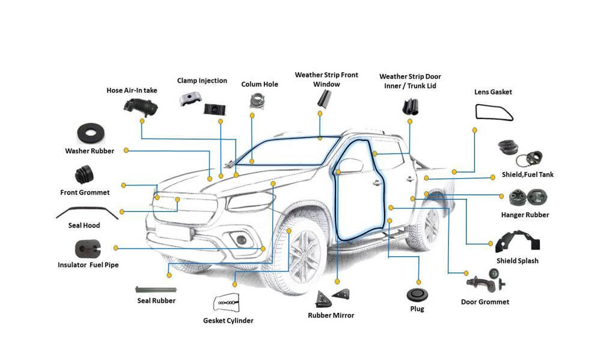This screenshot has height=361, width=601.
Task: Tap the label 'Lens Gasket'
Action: (493, 92)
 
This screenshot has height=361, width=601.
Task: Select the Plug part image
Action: (416, 295)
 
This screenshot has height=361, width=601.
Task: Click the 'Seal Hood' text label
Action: (84, 226)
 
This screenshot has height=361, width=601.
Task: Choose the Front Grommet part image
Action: (84, 176)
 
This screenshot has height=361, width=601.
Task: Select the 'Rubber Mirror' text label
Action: (331, 315)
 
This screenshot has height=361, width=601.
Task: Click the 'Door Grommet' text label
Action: (484, 301)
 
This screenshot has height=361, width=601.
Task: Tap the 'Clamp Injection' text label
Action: (202, 81)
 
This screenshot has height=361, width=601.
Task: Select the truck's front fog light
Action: (241, 239)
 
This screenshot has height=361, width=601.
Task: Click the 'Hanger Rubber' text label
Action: (525, 215)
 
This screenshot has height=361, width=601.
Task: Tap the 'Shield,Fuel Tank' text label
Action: (527, 174)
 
